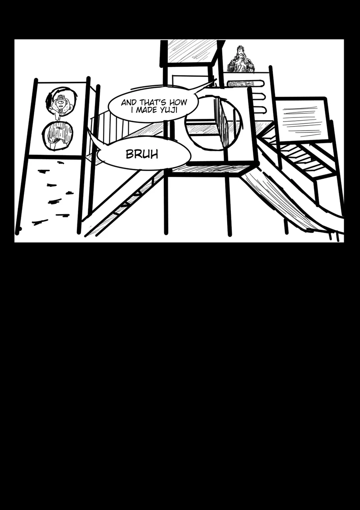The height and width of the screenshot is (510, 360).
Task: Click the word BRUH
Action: coord(142,154)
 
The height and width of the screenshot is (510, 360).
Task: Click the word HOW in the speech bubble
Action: coord(178,103)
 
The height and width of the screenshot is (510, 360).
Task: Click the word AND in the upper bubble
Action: coord(129,103)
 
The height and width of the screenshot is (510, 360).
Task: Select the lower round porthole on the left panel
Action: coord(57,135)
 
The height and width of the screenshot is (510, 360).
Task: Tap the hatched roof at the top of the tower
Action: coord(192,51)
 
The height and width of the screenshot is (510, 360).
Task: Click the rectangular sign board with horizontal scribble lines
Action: coord(301,120)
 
